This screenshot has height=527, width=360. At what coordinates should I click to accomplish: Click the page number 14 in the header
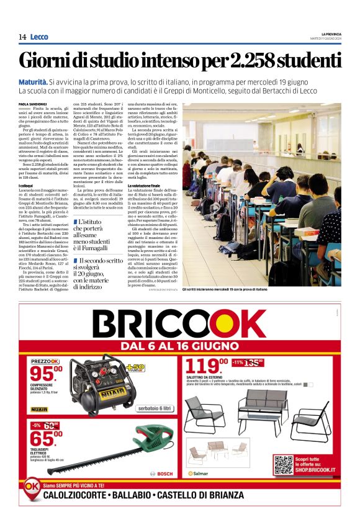22,37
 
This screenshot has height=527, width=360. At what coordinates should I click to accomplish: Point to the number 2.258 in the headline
254,61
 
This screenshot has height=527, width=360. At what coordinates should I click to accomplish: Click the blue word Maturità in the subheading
34,82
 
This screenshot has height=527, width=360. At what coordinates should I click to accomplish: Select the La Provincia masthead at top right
331,34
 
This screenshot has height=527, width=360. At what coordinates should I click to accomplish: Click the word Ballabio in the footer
129,495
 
